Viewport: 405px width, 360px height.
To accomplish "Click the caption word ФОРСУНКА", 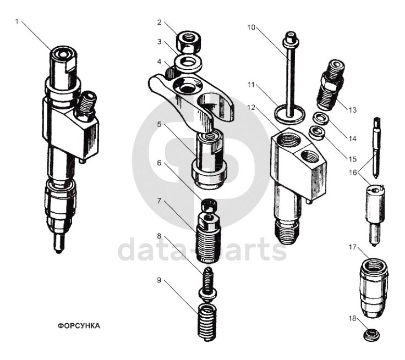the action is (x=79, y=326).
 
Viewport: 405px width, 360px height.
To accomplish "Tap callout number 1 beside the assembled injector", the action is (x=17, y=21).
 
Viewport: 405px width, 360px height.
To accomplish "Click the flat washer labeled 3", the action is (x=188, y=64).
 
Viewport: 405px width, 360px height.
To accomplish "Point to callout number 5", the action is (x=159, y=124).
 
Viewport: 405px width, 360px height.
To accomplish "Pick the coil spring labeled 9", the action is (x=207, y=322).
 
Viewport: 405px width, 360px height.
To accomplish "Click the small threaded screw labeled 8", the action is (x=208, y=284).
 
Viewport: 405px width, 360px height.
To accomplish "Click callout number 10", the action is (x=251, y=27).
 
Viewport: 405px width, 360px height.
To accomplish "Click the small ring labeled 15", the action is (x=317, y=132).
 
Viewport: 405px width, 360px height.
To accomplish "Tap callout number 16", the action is (x=353, y=173).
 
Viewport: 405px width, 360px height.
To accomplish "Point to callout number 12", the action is (x=251, y=107).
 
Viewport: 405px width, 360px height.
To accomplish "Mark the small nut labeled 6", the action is (x=209, y=205).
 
